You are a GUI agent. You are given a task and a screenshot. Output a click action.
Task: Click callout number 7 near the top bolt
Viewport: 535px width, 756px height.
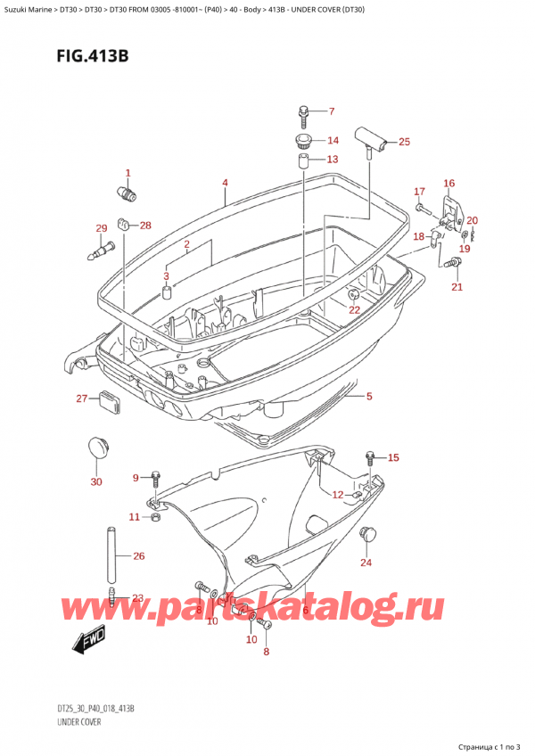tap(331, 111)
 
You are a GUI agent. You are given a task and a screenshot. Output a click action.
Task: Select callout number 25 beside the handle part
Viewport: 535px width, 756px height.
tap(404, 141)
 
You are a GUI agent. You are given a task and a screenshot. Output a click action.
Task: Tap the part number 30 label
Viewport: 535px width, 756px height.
tap(95, 482)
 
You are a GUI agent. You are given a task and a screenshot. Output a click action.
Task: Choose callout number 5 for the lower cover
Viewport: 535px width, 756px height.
tap(369, 397)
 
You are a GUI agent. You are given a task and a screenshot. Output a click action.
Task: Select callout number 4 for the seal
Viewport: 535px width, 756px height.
tap(226, 184)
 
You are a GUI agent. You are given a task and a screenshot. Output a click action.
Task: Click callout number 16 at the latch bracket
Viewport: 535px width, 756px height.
tap(449, 183)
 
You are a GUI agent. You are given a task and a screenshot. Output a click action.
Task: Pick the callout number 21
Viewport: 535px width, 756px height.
tap(457, 286)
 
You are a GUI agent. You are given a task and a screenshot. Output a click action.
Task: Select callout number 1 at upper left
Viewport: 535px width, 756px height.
tap(128, 173)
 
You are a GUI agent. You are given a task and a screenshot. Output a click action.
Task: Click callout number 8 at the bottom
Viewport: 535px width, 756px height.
tap(265, 652)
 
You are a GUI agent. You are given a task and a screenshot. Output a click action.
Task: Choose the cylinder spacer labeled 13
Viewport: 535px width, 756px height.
tap(303, 162)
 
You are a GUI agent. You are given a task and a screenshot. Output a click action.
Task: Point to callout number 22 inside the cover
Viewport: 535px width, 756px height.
tap(355, 309)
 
